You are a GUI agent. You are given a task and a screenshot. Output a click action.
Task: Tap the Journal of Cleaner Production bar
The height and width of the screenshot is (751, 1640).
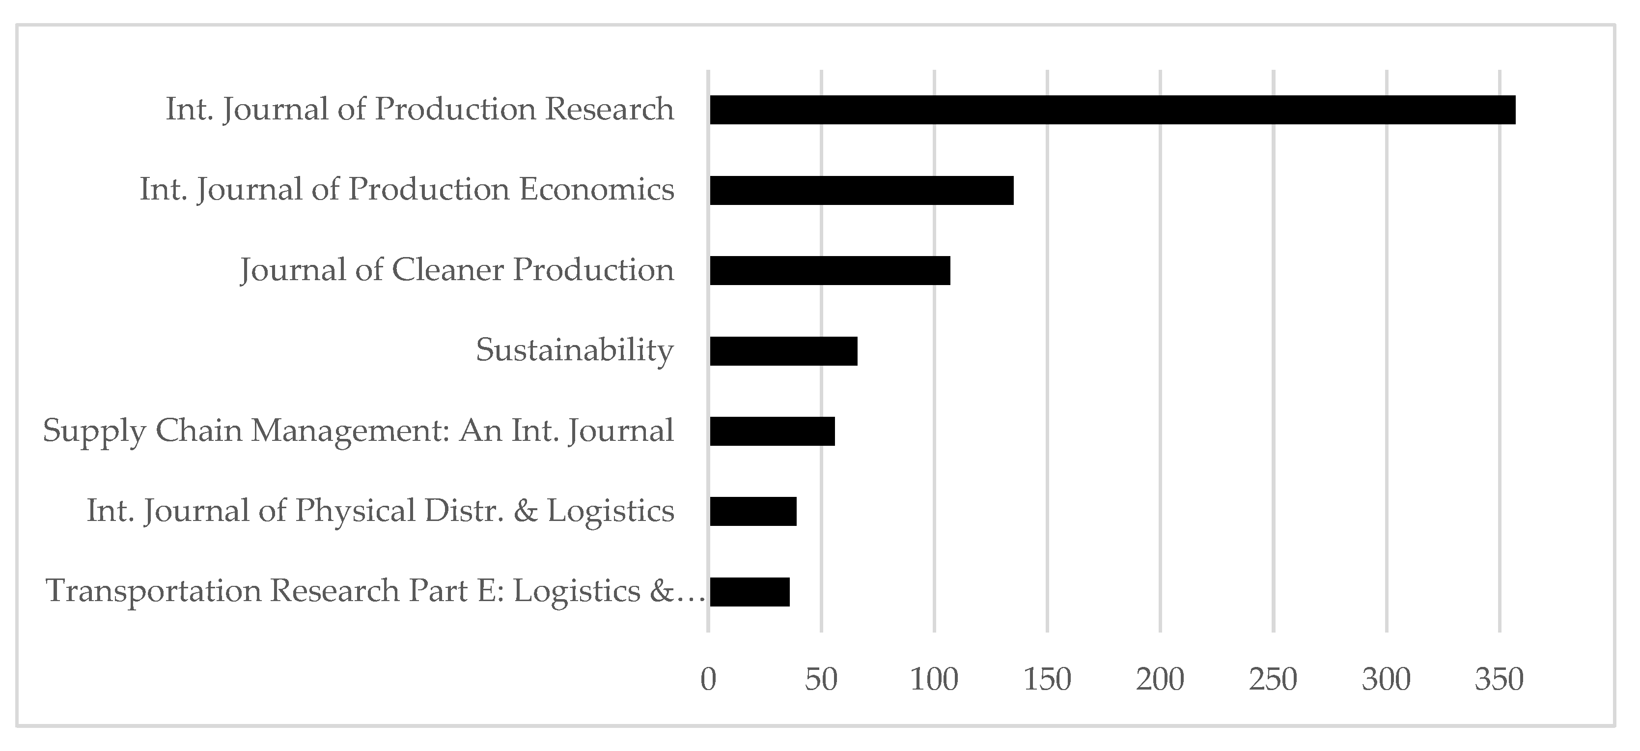830,270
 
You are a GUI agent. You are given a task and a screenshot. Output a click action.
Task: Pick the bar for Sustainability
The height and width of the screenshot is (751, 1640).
783,351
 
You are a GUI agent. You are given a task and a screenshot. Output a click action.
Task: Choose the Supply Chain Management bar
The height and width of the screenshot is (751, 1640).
772,431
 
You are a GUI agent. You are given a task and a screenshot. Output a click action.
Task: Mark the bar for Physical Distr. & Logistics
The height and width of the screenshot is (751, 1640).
752,512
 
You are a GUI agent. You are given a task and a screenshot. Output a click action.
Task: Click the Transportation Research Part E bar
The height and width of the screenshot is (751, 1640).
750,592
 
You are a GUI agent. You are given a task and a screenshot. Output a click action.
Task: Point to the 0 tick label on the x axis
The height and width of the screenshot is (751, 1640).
708,680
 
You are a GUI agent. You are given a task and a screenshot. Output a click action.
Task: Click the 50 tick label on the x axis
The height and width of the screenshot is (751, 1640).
821,680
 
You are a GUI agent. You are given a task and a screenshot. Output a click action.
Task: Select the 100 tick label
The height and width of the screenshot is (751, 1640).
934,680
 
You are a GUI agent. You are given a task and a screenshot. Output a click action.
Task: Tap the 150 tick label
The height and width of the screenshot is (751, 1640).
1047,680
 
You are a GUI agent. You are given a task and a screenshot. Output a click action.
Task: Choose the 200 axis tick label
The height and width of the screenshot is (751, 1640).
1160,680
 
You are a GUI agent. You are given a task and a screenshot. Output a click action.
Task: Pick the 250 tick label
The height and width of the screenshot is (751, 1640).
1273,680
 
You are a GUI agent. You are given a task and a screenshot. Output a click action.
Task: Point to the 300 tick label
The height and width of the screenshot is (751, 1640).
1386,680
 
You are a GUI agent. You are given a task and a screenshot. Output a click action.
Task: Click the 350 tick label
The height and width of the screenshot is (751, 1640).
1500,680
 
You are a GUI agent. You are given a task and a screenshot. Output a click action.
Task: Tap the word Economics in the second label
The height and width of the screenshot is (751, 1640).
597,190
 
